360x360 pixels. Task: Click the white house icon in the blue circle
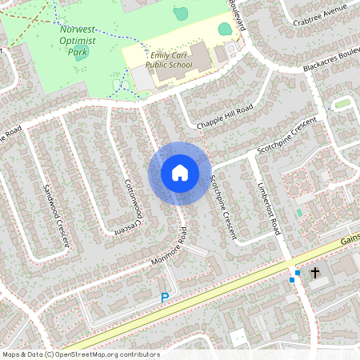point(180,172)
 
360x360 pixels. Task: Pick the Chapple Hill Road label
point(224,118)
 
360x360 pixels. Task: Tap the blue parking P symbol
point(165,298)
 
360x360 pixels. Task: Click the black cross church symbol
point(315,274)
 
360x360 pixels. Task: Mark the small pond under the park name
point(82,54)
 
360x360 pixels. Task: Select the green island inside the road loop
point(342,103)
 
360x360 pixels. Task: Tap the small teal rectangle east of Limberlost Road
point(299,212)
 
